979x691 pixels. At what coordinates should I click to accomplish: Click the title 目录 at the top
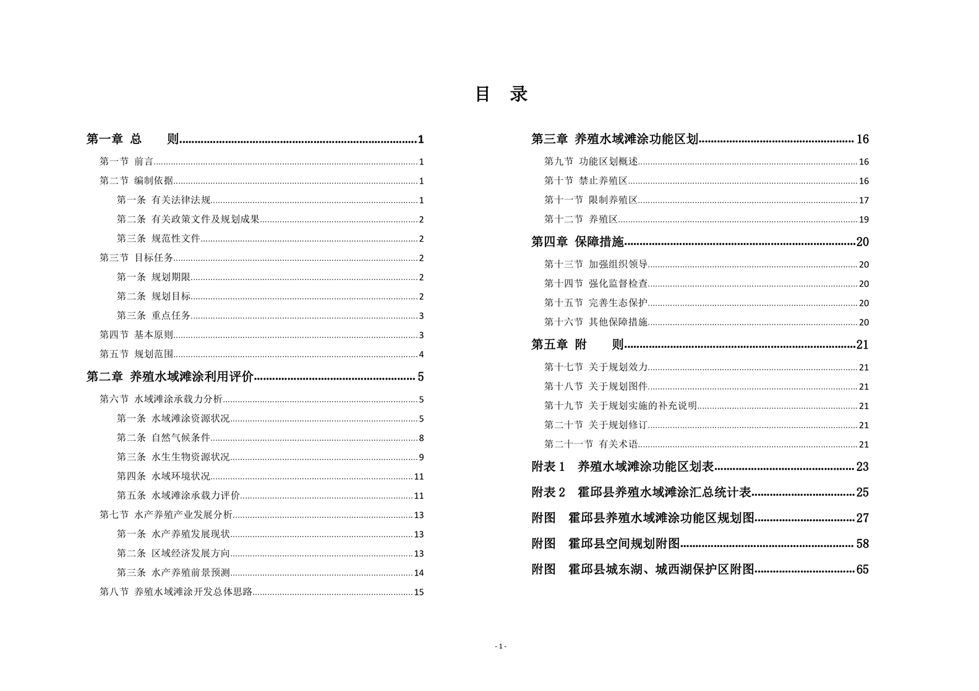point(501,95)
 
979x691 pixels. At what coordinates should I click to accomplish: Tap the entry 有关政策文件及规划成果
point(205,219)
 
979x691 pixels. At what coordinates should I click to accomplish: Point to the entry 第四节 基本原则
point(137,335)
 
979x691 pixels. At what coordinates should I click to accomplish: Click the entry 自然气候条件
point(181,438)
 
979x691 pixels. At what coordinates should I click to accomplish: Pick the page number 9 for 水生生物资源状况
point(421,457)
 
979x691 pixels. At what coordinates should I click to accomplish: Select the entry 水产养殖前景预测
point(190,573)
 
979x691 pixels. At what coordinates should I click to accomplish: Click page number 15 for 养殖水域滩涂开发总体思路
point(419,592)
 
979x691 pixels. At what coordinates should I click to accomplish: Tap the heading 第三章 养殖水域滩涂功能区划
point(615,139)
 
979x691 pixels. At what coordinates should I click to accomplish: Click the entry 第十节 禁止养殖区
point(586,180)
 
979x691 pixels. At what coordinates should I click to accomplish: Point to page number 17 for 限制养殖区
point(864,200)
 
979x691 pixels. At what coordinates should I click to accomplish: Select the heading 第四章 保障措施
point(578,242)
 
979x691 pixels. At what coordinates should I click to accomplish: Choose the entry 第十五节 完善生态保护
point(596,303)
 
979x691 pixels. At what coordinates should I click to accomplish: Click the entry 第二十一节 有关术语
point(591,444)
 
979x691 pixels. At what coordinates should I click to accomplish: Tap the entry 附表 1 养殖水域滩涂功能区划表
point(623,467)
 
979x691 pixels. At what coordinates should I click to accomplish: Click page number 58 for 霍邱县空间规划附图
point(862,544)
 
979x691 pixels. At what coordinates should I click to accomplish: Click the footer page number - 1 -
point(501,646)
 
